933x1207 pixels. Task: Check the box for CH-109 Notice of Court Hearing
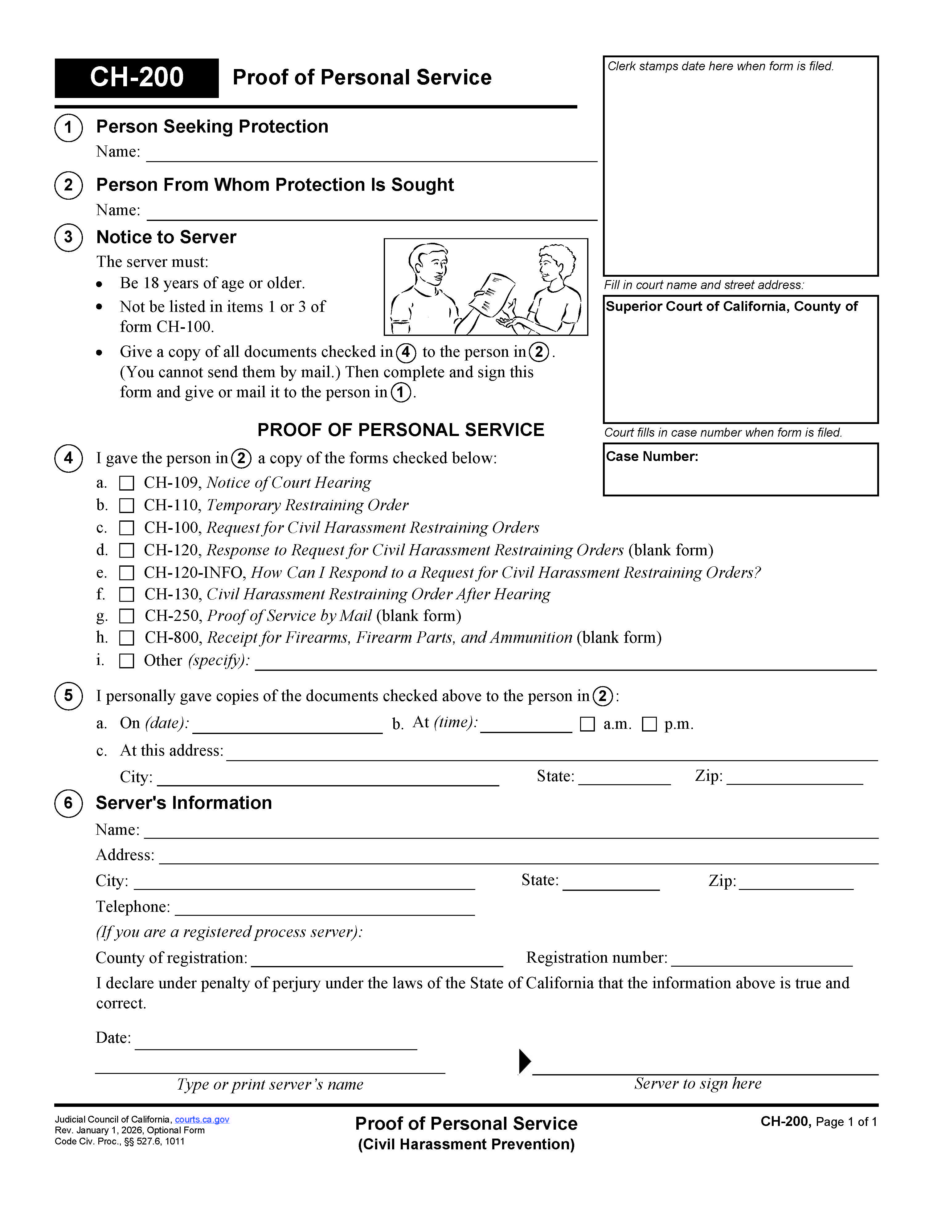[x=127, y=483]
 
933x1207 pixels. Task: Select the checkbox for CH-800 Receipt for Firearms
[x=127, y=638]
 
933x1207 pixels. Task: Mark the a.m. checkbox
[x=587, y=724]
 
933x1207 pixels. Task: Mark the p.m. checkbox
[x=649, y=724]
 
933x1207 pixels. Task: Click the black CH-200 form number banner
[x=137, y=77]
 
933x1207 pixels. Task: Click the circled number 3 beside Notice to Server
[x=68, y=238]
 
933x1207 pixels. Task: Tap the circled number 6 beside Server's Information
[x=68, y=803]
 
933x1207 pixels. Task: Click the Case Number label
[x=652, y=456]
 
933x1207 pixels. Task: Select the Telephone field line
[x=325, y=909]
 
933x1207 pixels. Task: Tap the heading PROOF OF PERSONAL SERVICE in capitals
[x=401, y=430]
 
